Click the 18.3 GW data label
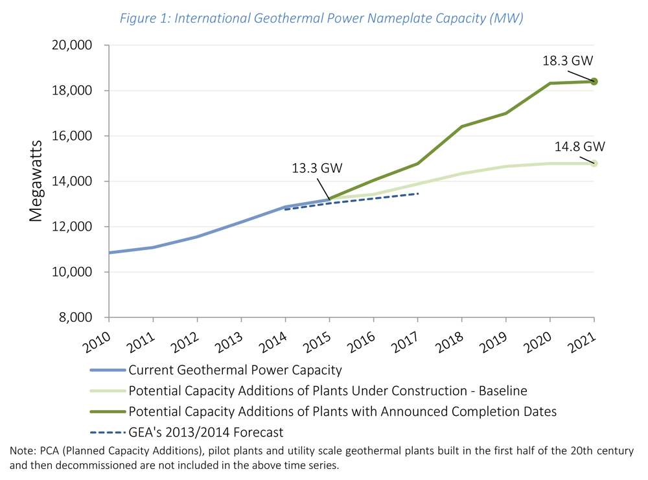[568, 62]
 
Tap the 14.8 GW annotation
[579, 146]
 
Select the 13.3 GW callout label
[317, 168]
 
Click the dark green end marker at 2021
[594, 82]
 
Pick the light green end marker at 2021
[594, 163]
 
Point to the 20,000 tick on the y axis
[71, 45]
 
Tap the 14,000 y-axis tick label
[71, 181]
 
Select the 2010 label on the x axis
[97, 339]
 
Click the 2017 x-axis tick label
[406, 339]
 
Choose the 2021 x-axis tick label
[582, 339]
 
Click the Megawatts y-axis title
[35, 181]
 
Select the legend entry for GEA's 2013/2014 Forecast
[206, 432]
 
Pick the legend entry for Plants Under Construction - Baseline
[327, 391]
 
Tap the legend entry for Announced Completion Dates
[342, 411]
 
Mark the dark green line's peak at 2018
[461, 126]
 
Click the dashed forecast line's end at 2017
[418, 193]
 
